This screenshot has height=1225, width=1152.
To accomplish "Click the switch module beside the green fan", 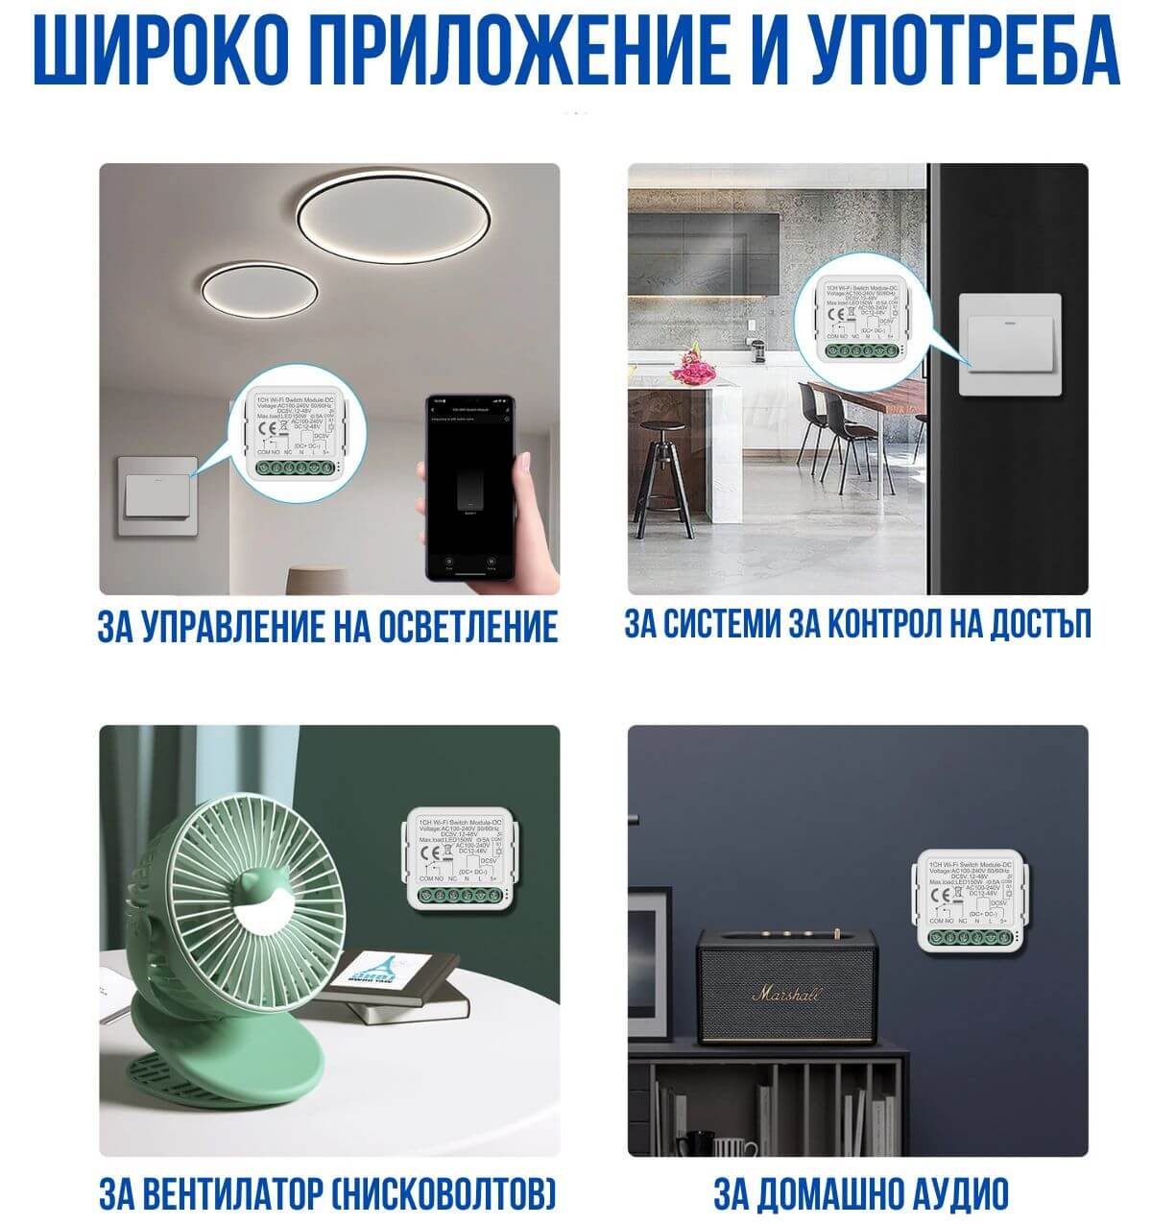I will (457, 858).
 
